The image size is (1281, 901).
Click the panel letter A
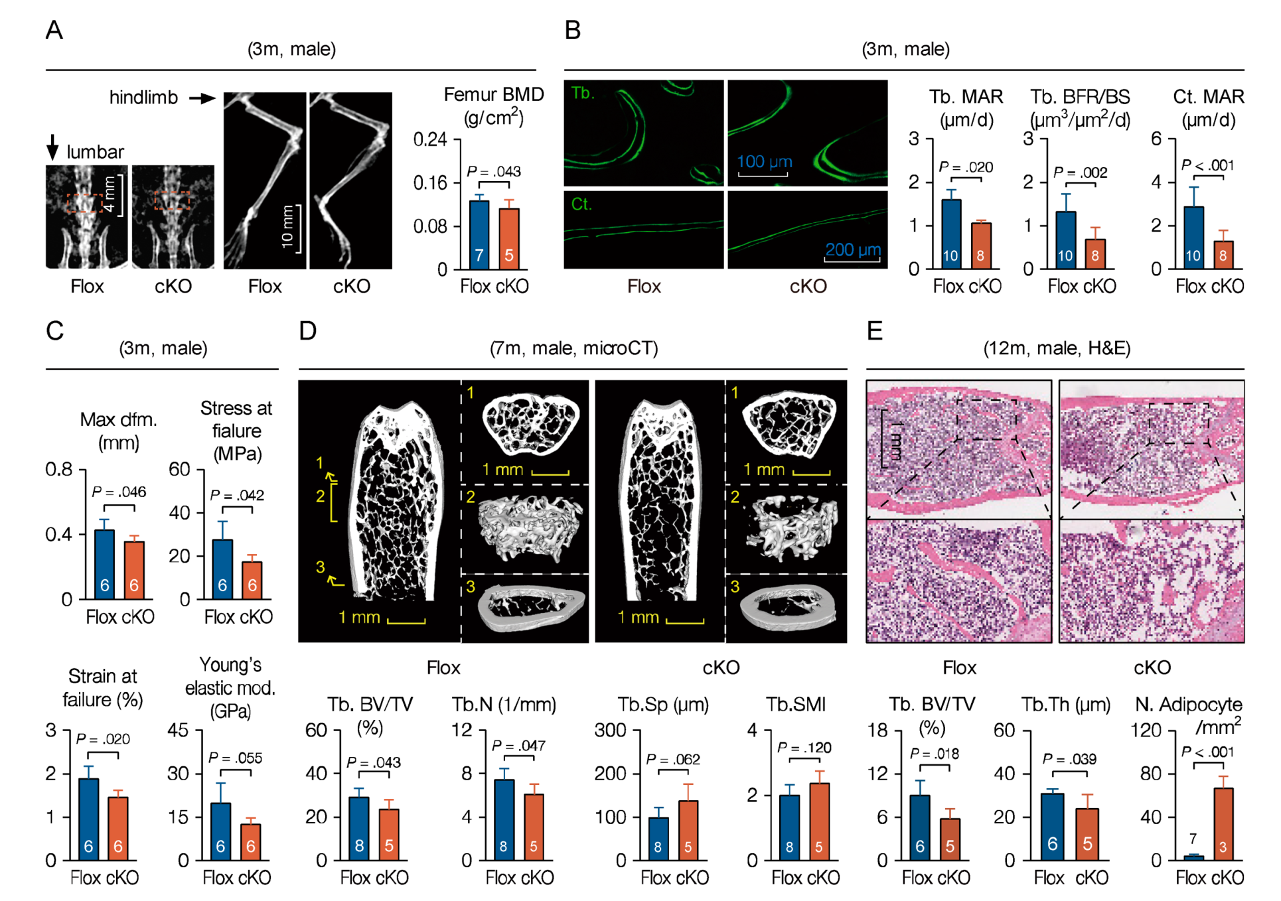[x=54, y=31]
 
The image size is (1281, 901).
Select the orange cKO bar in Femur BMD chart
[x=509, y=239]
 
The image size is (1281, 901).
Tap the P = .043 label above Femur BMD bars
[x=494, y=171]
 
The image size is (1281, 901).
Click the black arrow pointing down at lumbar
[x=52, y=147]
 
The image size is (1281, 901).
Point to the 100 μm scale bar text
[x=765, y=161]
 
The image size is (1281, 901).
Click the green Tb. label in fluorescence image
[x=583, y=93]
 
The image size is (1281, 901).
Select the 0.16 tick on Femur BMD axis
[x=430, y=182]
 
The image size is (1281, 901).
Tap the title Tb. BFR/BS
[x=1080, y=97]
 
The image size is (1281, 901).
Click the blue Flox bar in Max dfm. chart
[x=104, y=564]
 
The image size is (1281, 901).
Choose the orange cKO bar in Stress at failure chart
[x=252, y=581]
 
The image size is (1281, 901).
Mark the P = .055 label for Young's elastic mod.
[x=236, y=758]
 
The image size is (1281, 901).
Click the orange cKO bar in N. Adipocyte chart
[x=1223, y=823]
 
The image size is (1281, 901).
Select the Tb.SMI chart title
[x=796, y=704]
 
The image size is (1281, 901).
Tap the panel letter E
[x=875, y=330]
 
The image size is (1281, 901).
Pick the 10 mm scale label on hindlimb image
[x=287, y=227]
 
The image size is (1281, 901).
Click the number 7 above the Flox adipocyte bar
[x=1193, y=839]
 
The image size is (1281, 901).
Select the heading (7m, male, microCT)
[x=573, y=348]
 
